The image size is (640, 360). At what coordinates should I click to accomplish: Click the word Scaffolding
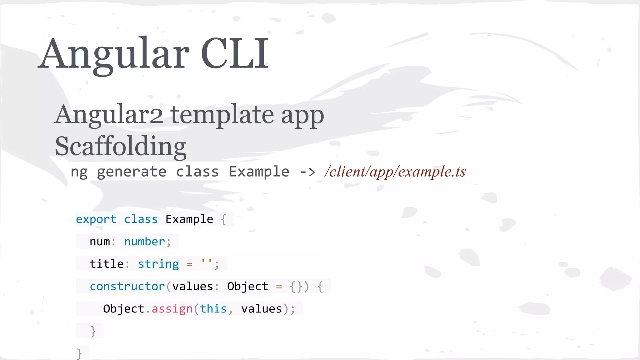pyautogui.click(x=121, y=146)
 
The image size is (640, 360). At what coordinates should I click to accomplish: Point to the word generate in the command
pyautogui.click(x=132, y=172)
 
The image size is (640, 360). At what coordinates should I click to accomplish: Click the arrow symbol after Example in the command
pyautogui.click(x=307, y=172)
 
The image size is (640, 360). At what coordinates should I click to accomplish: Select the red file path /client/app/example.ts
pyautogui.click(x=395, y=172)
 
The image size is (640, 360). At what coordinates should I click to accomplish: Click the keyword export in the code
pyautogui.click(x=96, y=219)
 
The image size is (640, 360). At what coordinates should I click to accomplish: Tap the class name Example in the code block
pyautogui.click(x=189, y=219)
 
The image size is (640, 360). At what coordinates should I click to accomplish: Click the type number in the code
pyautogui.click(x=144, y=242)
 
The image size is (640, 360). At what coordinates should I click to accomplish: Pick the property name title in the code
pyautogui.click(x=107, y=264)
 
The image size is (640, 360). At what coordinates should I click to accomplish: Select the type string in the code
pyautogui.click(x=158, y=264)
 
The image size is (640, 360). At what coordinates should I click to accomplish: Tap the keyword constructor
pyautogui.click(x=127, y=286)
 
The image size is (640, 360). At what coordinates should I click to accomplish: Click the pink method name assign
pyautogui.click(x=172, y=309)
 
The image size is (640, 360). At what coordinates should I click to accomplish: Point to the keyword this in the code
pyautogui.click(x=213, y=309)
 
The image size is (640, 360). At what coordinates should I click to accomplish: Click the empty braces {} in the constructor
pyautogui.click(x=296, y=287)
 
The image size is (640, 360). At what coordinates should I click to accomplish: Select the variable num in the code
pyautogui.click(x=100, y=242)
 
